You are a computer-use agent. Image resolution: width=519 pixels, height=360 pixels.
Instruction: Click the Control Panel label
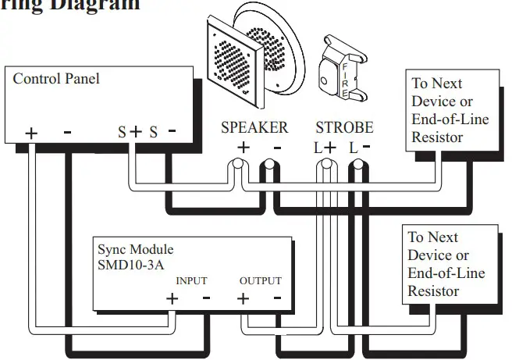[x=56, y=79]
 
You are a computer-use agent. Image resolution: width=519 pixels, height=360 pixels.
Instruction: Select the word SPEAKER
[x=254, y=127]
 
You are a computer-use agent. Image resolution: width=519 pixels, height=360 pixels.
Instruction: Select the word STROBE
[x=344, y=127]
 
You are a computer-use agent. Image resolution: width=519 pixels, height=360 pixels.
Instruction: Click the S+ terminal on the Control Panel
[x=130, y=132]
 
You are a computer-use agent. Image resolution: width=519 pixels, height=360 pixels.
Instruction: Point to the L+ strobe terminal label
[x=325, y=146]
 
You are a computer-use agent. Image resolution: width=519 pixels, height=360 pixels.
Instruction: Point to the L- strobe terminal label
[x=360, y=146]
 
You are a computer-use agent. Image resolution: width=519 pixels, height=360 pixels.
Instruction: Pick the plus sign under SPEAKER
[x=244, y=147]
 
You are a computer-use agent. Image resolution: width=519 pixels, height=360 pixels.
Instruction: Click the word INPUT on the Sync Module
[x=191, y=281]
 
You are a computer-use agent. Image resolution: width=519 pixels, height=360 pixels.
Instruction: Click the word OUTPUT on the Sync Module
[x=260, y=281]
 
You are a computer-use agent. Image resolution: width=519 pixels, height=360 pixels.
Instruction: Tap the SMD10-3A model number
[x=129, y=265]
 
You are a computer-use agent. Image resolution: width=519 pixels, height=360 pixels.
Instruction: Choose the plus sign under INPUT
[x=172, y=298]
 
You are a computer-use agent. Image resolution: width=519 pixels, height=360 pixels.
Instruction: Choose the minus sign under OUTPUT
[x=277, y=298]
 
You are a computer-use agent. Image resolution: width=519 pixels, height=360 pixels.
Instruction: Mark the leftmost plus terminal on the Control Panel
[x=30, y=133]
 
